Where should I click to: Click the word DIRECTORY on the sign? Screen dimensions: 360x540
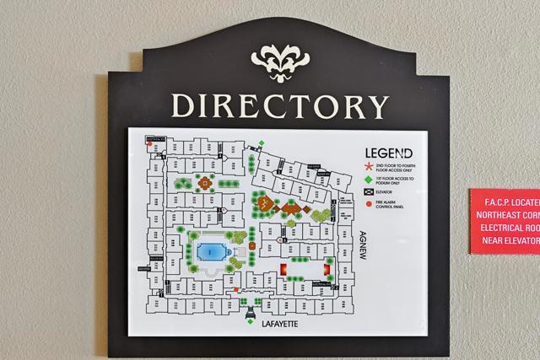[280, 105]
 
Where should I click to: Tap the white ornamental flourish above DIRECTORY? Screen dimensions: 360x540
[280, 61]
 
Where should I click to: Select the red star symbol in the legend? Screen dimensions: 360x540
[368, 167]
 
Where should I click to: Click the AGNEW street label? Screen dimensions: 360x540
[364, 245]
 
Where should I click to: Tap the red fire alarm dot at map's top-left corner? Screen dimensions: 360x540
[151, 144]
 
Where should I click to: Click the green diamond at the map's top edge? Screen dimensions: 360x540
[262, 142]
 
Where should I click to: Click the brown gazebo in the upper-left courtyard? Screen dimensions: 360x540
[203, 180]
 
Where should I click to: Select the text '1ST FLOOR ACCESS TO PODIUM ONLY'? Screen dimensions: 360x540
[395, 181]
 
